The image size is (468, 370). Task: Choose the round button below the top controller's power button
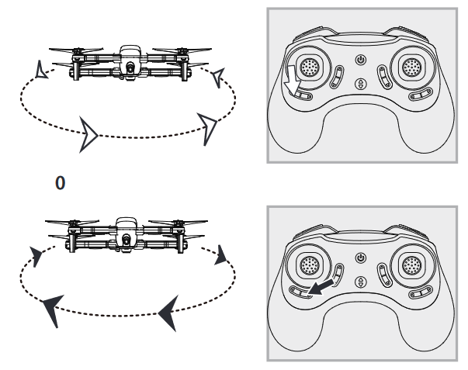[359, 85]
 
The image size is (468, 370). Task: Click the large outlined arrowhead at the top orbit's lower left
[91, 136]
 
